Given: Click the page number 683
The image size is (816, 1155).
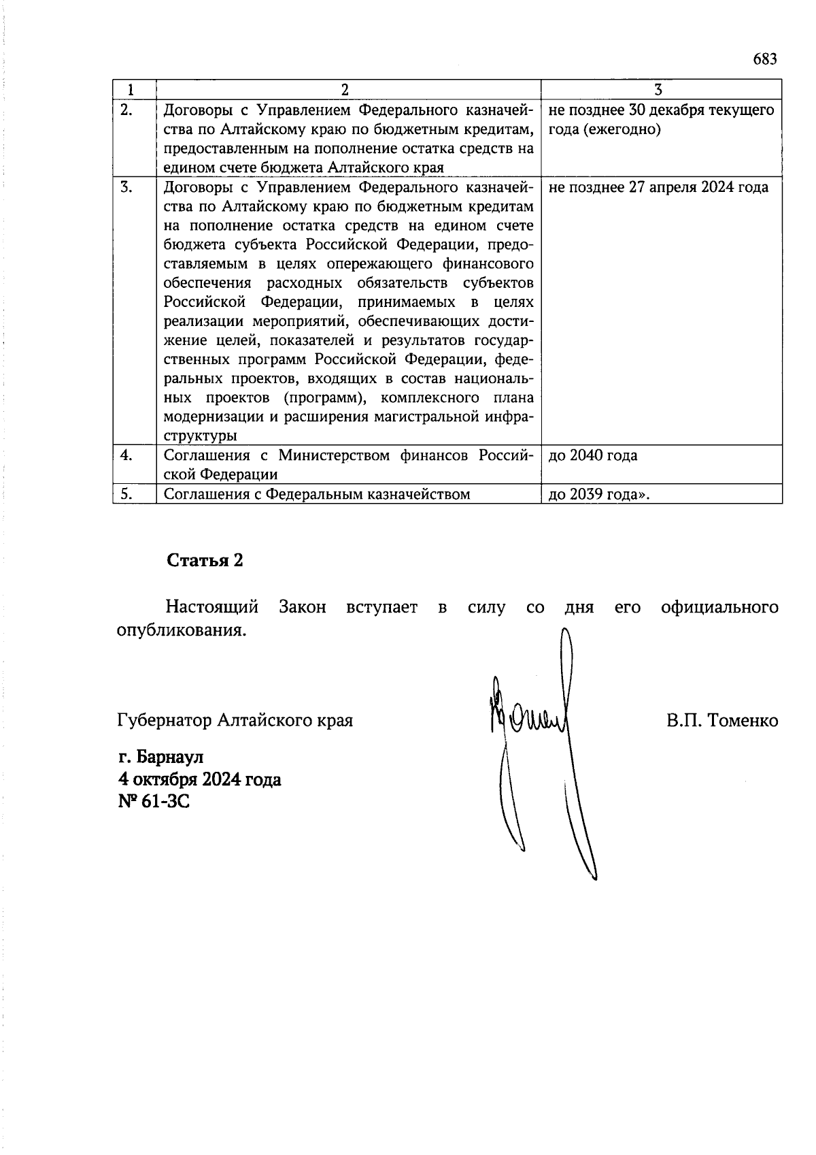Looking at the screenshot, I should (764, 59).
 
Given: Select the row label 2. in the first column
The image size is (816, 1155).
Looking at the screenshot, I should (126, 110).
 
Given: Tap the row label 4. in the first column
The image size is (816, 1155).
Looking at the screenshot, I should (126, 455).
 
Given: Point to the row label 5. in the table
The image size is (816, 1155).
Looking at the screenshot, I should (126, 494).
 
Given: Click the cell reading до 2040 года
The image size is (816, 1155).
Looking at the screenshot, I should (592, 455).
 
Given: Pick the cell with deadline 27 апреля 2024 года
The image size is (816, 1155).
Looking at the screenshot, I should (658, 187).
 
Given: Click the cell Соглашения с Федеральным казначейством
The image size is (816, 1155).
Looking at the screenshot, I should (317, 494).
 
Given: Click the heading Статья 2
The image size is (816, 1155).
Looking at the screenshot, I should (205, 560).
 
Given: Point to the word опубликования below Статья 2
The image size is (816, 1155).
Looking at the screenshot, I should (180, 630).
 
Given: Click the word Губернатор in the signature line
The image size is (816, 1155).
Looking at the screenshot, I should (164, 720).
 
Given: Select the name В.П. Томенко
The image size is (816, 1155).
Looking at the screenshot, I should (722, 720).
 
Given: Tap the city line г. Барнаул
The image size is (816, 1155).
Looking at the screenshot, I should (160, 757).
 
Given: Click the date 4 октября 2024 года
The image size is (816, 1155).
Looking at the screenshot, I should (199, 779).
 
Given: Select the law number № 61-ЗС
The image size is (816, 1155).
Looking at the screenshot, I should (154, 802).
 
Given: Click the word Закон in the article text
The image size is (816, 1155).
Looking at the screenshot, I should (302, 607).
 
